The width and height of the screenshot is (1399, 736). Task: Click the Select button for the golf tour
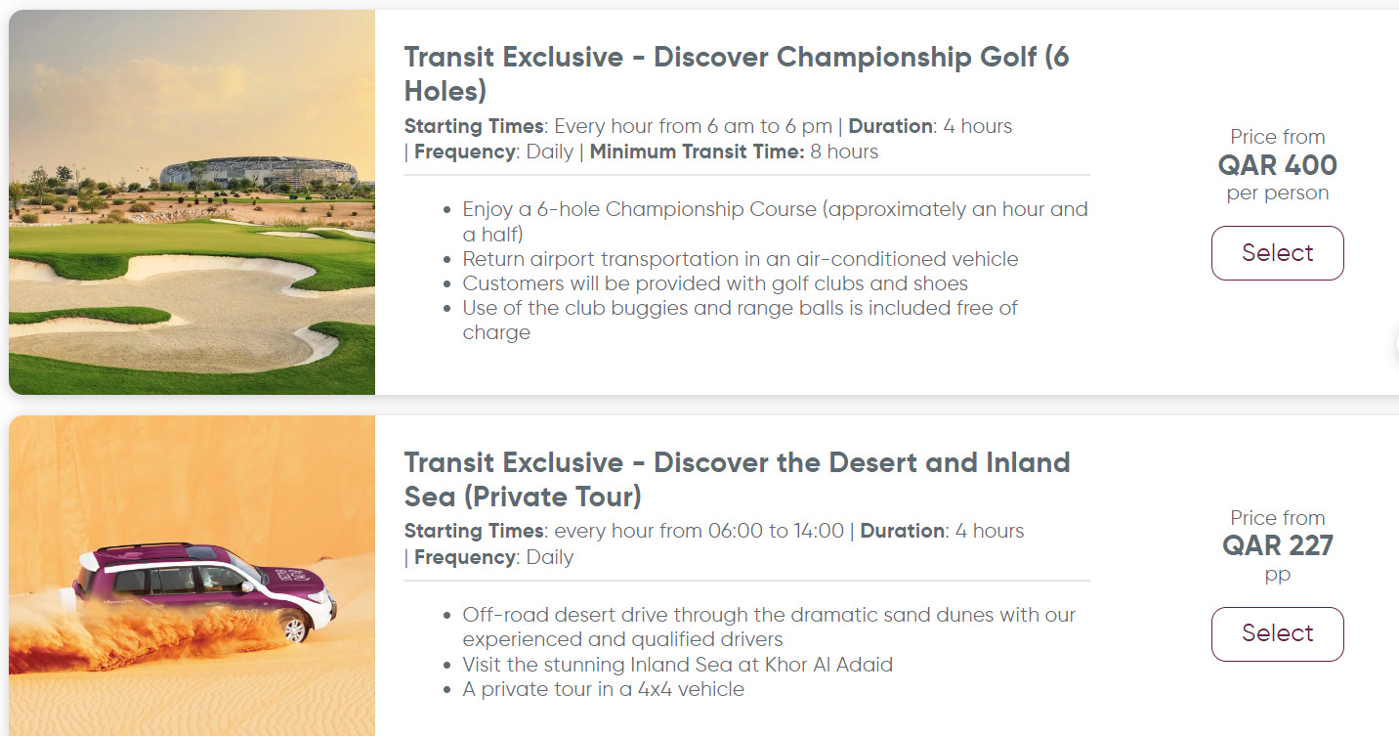[1277, 253]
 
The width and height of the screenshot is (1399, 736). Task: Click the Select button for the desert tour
[1277, 633]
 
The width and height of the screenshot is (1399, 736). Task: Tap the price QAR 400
[1277, 164]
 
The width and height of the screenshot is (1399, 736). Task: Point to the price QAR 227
[1277, 545]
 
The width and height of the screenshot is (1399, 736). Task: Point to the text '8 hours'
[844, 152]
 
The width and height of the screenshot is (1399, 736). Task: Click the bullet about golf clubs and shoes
[715, 283]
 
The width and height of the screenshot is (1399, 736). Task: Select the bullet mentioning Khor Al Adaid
[678, 665]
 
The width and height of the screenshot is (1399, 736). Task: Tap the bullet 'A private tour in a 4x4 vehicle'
[603, 689]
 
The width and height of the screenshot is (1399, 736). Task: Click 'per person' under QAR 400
[1277, 193]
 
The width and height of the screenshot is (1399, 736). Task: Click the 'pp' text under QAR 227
[1277, 574]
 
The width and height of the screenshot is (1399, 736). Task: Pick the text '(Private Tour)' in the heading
[552, 497]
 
